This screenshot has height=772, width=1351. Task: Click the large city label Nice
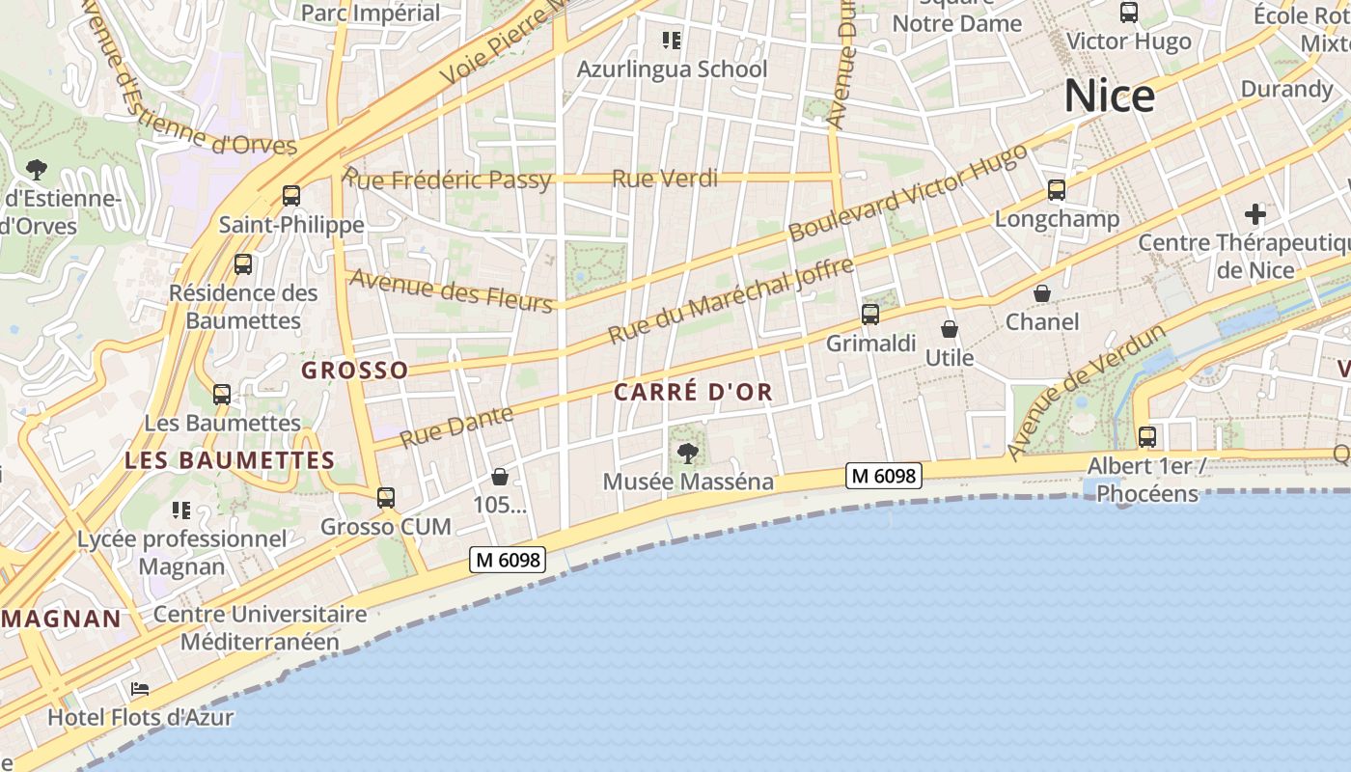(x=1109, y=96)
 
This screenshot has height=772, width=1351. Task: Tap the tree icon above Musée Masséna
(x=687, y=452)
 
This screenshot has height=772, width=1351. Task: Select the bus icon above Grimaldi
(x=870, y=314)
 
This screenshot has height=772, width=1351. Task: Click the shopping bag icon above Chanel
(x=1042, y=292)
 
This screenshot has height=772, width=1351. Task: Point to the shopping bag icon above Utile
(x=950, y=329)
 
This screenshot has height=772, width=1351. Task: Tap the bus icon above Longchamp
(x=1057, y=190)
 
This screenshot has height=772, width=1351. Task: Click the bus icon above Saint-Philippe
(x=291, y=196)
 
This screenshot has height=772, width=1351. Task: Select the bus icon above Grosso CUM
(x=386, y=498)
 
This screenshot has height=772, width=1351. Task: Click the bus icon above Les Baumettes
(x=222, y=394)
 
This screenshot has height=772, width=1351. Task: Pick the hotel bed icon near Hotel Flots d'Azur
(x=140, y=689)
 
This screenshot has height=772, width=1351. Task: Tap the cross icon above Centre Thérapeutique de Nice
(x=1254, y=213)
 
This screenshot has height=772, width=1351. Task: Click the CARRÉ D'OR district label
(x=693, y=393)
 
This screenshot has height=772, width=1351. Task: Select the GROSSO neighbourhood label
(x=355, y=371)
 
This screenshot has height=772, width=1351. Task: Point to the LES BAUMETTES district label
(x=230, y=460)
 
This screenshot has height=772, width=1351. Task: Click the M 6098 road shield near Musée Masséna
(x=884, y=475)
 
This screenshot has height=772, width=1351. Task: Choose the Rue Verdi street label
(x=665, y=179)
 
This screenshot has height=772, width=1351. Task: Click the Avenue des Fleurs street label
(x=451, y=290)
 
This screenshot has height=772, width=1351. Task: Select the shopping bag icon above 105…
(x=500, y=476)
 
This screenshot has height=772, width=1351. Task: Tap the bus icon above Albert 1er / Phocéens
(x=1146, y=436)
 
